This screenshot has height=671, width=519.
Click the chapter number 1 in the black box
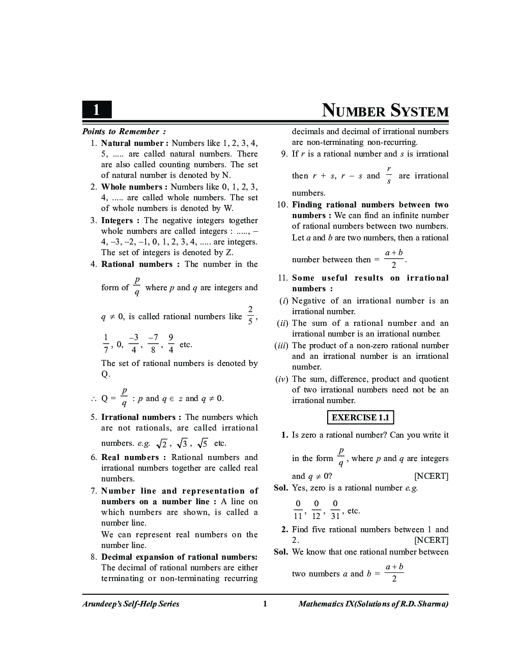(x=97, y=110)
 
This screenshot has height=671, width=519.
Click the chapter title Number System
(x=385, y=111)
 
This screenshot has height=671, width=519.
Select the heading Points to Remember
(x=124, y=132)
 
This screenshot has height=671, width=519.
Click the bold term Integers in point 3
(x=117, y=221)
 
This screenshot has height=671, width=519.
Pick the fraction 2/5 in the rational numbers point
(x=250, y=316)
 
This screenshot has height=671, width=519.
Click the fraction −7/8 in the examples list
(x=153, y=344)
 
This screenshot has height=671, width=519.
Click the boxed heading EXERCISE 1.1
(x=360, y=418)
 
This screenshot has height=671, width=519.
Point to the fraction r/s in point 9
(x=389, y=175)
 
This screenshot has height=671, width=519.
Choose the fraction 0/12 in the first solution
(x=316, y=510)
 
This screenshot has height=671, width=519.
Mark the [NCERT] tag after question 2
(x=431, y=540)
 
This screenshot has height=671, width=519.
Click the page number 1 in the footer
(x=265, y=604)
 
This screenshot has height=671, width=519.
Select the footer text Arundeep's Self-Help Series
(x=131, y=604)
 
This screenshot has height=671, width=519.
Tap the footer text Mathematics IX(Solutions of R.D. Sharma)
(x=373, y=604)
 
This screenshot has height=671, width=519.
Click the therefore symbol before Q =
(x=94, y=399)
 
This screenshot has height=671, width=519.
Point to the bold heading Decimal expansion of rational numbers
(x=179, y=557)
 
